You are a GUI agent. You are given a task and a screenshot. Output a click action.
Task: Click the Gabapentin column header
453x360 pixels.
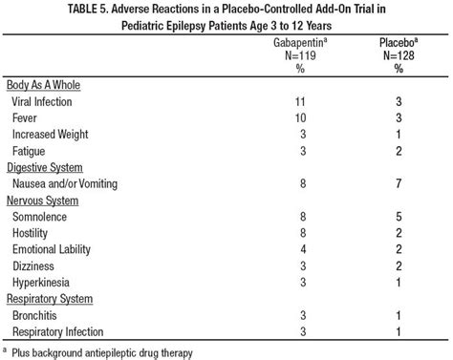(299, 44)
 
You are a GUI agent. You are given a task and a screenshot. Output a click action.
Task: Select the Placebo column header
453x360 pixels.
(395, 44)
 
